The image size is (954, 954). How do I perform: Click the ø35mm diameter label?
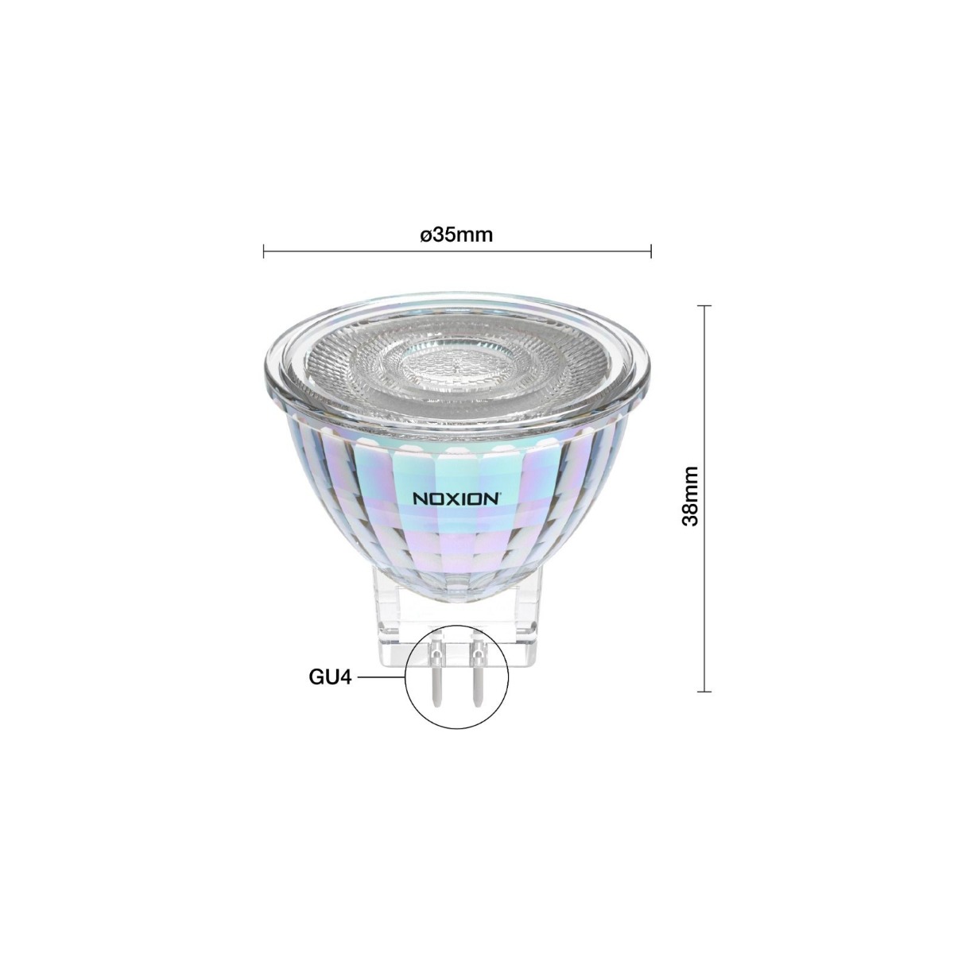click(x=456, y=235)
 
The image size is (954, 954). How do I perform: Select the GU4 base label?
click(x=330, y=677)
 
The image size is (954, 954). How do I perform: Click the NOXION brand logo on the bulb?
click(x=456, y=498)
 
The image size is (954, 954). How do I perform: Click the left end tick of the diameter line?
click(x=263, y=252)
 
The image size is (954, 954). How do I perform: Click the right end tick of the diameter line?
click(x=651, y=252)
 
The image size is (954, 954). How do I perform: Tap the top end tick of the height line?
click(x=704, y=305)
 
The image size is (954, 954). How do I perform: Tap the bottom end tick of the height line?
click(x=704, y=692)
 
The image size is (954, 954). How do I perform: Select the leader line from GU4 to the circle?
click(x=382, y=677)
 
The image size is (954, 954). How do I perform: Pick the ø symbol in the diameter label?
click(x=425, y=236)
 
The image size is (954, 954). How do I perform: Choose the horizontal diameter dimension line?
click(x=457, y=252)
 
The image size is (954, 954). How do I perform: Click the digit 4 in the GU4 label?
click(x=346, y=677)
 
